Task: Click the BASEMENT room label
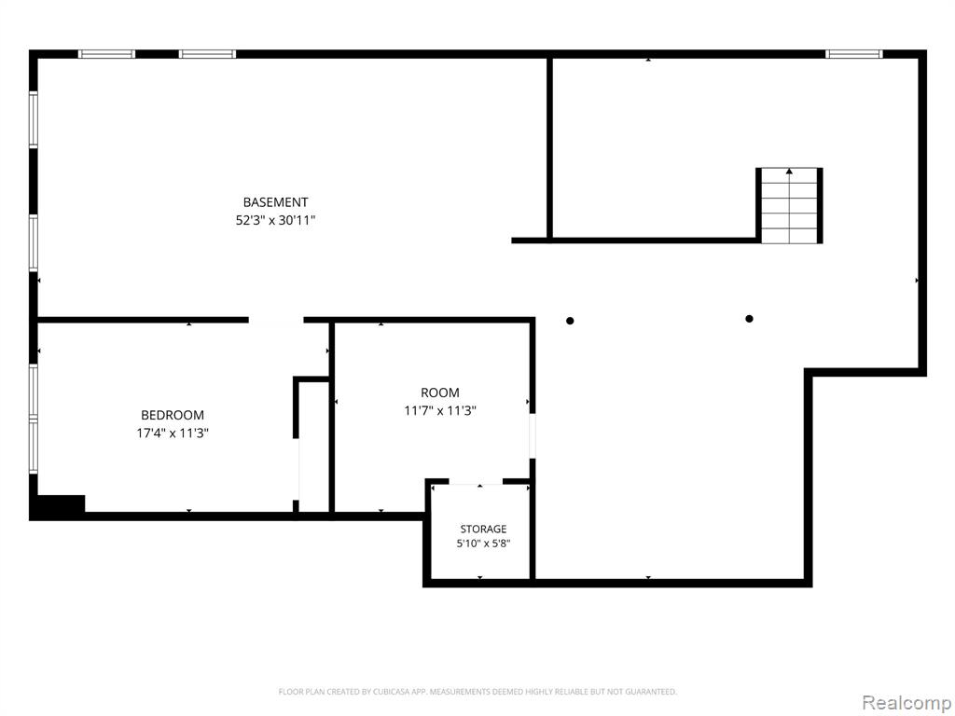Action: pyautogui.click(x=275, y=202)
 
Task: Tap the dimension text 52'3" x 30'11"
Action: pyautogui.click(x=275, y=220)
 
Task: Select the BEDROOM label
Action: pyautogui.click(x=173, y=415)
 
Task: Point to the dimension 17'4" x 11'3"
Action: pyautogui.click(x=173, y=434)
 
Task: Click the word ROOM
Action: pyautogui.click(x=440, y=392)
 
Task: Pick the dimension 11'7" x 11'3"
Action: pyautogui.click(x=440, y=411)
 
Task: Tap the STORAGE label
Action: pyautogui.click(x=483, y=530)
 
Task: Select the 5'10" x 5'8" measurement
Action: pyautogui.click(x=483, y=544)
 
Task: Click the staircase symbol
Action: pyautogui.click(x=789, y=206)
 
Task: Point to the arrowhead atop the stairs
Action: pyautogui.click(x=789, y=172)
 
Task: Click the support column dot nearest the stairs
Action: pyautogui.click(x=749, y=319)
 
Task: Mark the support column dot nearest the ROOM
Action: pyautogui.click(x=570, y=321)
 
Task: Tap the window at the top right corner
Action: pyautogui.click(x=854, y=54)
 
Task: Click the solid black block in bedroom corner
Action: pyautogui.click(x=59, y=507)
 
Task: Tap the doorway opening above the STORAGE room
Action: pyautogui.click(x=476, y=481)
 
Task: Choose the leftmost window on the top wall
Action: pyautogui.click(x=106, y=54)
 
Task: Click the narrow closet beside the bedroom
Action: pyautogui.click(x=314, y=446)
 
